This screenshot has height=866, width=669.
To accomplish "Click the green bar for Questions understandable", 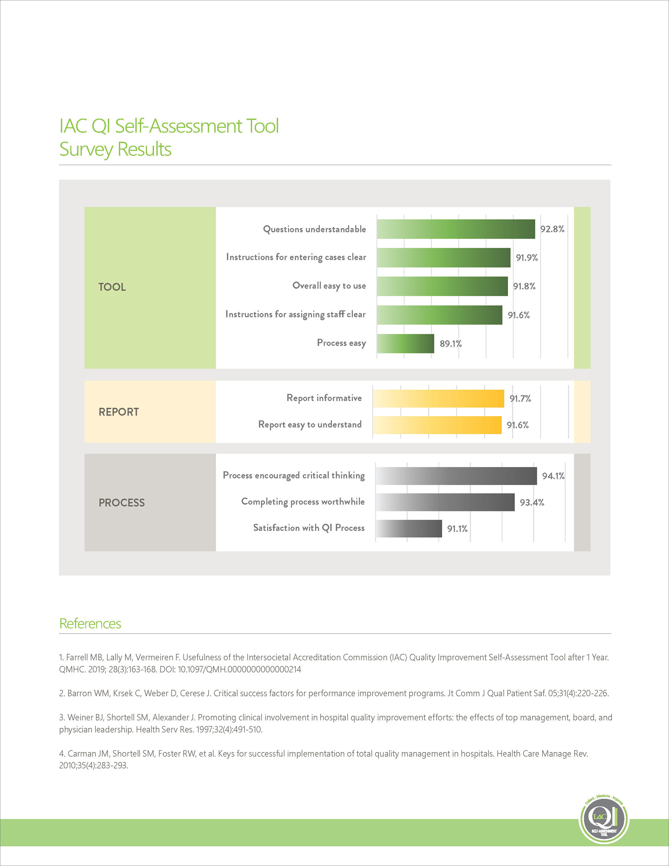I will pos(456,229).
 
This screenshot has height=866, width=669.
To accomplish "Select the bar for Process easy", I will pos(405,343).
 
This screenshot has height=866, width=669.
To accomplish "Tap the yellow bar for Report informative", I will pos(438,399).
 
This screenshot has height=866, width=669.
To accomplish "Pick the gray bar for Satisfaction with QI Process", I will pos(408,529).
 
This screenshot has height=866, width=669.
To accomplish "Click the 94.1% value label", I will pos(553,476).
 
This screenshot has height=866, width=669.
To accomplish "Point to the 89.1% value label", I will pos(451,344).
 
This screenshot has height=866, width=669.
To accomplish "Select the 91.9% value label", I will pos(526,258).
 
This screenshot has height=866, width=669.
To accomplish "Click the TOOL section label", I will pos(112,287).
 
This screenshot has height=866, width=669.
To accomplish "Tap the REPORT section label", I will pos(118,412).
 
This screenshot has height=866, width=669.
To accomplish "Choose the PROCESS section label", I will pos(122,503).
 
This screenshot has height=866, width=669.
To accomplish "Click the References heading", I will pos(90,624).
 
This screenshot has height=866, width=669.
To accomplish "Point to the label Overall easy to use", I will pos(329,286).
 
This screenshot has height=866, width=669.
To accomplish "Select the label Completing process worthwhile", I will pos(302,501).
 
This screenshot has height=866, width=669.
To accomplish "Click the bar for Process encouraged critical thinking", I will pos(456,476).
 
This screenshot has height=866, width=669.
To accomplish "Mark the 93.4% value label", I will pos(532,503).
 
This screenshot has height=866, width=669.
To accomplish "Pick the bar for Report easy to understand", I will pos(437,425).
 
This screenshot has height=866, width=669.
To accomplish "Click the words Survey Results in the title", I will pos(115,150).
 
